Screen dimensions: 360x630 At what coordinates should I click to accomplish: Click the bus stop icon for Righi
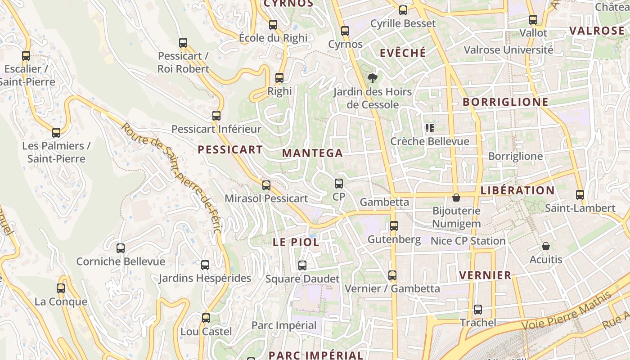(279, 78)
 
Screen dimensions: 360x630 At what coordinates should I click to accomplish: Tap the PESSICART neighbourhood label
(230, 150)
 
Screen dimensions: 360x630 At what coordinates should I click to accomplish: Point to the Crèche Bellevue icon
(429, 128)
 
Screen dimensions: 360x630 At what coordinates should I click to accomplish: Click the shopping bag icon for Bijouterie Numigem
(456, 198)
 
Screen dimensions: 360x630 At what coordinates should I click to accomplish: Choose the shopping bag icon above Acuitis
(546, 246)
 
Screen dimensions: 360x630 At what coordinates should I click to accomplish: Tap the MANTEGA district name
(312, 153)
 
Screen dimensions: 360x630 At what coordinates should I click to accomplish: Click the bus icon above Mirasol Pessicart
(266, 185)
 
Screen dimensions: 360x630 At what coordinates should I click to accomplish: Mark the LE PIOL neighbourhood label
(296, 242)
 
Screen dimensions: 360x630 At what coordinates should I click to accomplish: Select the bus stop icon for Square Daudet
(302, 265)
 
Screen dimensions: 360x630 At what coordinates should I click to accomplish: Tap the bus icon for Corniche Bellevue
(121, 248)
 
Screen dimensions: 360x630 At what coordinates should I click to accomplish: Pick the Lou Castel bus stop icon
(206, 318)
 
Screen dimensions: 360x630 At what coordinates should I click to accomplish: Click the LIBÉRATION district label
(517, 190)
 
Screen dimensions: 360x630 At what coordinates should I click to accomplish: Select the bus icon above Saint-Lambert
(580, 195)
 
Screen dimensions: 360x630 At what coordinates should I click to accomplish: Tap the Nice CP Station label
(468, 241)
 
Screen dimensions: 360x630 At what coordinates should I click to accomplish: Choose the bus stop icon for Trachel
(478, 310)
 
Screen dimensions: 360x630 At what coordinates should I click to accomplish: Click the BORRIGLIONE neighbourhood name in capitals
(505, 102)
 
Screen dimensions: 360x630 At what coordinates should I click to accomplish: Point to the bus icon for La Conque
(61, 288)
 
